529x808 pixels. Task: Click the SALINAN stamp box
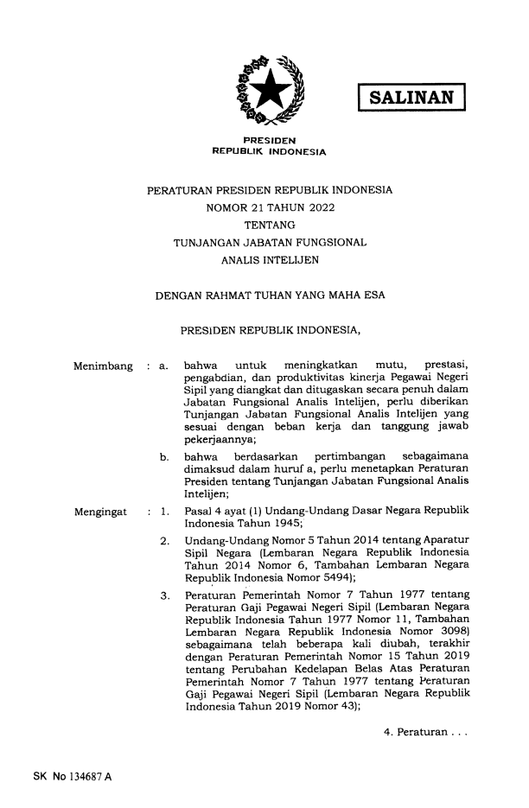[411, 96]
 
